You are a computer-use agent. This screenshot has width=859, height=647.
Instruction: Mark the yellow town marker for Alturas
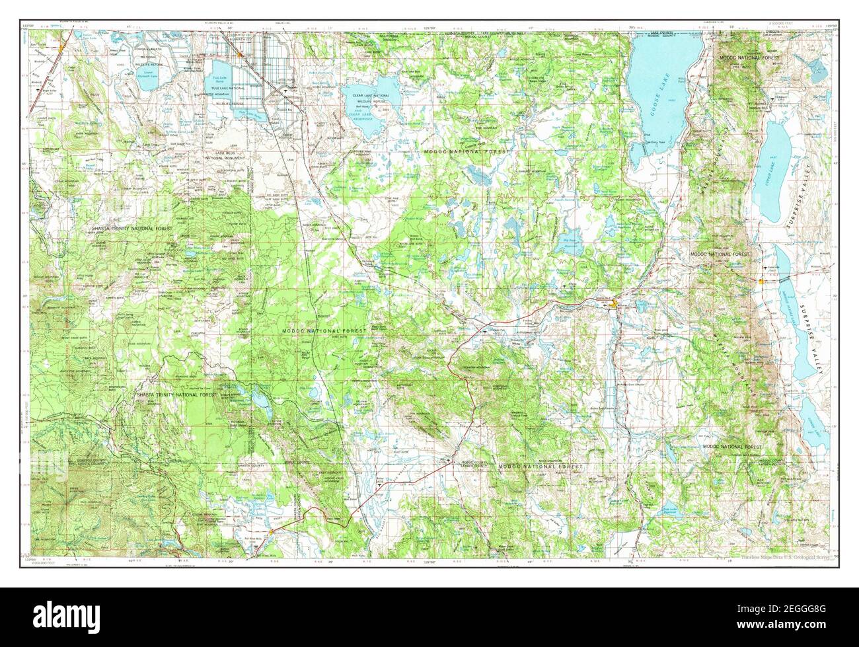(x=616, y=305)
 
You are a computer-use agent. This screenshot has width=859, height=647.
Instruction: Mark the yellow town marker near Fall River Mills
(x=272, y=531)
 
